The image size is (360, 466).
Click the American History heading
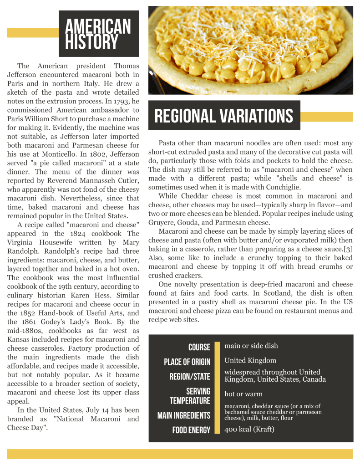tap(98, 34)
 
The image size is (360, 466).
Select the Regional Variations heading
tap(223, 116)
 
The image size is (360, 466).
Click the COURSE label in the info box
tap(199, 347)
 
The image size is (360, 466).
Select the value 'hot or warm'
tap(243, 394)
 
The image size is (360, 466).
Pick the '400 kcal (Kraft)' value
tap(249, 429)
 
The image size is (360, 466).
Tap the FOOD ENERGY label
tap(191, 430)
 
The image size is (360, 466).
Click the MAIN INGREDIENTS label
tap(184, 415)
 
